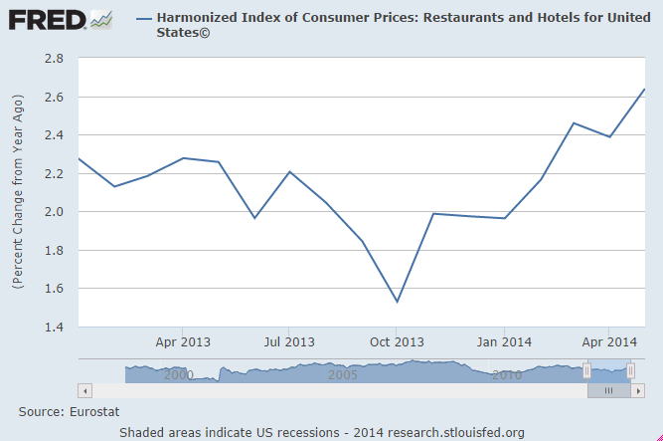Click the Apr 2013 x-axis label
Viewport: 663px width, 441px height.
point(182,342)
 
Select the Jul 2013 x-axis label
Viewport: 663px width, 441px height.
point(288,342)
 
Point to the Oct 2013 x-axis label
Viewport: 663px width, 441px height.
point(396,342)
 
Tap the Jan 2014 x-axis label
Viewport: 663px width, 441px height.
point(503,342)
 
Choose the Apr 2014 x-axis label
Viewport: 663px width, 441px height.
point(607,342)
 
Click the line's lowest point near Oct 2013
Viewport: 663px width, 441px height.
point(397,302)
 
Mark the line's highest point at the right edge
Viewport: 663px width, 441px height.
point(644,90)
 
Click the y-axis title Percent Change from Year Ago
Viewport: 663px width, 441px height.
point(18,192)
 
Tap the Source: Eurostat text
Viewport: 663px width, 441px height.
point(66,410)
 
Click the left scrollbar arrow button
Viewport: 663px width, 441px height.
point(84,391)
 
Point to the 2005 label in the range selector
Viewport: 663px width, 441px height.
point(343,375)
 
